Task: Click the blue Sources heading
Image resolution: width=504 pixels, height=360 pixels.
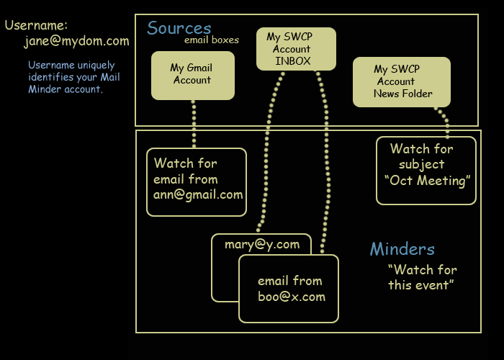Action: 179,28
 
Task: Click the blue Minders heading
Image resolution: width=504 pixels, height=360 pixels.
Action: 402,249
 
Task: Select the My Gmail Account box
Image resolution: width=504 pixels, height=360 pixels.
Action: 193,76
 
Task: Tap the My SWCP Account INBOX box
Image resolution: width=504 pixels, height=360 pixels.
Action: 296,49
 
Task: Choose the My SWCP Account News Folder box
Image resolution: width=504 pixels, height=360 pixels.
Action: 402,82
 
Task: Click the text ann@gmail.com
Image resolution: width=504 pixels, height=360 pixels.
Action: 198,195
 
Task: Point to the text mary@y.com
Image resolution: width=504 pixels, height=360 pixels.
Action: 262,245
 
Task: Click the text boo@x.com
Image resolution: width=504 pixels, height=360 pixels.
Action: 292,297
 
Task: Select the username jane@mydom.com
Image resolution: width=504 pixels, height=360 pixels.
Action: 76,41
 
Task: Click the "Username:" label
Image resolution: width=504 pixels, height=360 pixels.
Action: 36,25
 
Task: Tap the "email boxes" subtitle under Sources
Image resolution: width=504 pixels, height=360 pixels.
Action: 212,40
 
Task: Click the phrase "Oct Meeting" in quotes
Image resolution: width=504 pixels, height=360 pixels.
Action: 428,181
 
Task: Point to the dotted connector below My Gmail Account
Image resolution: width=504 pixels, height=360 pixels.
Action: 194,124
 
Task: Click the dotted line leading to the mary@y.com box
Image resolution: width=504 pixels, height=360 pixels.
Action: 266,151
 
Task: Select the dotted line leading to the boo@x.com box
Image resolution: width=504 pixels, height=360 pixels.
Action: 327,161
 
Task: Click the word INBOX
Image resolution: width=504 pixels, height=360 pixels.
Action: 293,61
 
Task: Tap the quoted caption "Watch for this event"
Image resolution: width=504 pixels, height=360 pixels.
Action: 423,277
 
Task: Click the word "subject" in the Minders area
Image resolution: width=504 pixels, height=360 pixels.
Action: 422,165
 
